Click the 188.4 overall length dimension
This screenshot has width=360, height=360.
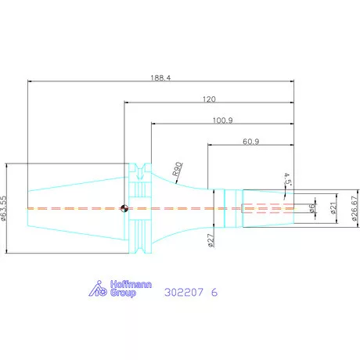point(160,77)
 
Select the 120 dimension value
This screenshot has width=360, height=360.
point(209,99)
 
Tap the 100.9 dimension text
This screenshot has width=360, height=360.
point(223,121)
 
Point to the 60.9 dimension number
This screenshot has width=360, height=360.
point(251,142)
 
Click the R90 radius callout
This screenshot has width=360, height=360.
point(177,169)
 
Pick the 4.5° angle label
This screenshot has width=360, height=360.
point(287,179)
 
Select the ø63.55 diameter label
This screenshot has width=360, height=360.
point(3,209)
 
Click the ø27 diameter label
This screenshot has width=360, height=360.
point(211,240)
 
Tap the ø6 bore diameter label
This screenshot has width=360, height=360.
point(311,208)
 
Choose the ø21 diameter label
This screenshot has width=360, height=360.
point(333,208)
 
